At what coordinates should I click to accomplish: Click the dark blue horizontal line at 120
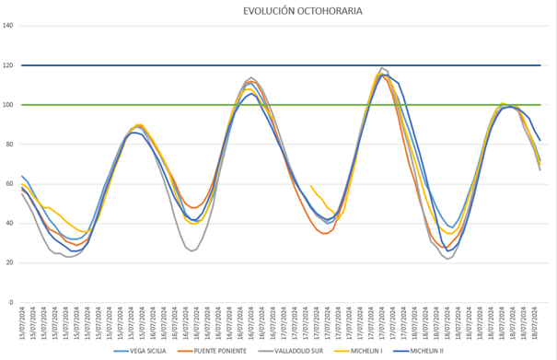click(x=276, y=65)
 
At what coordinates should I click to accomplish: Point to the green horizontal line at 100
click(x=276, y=105)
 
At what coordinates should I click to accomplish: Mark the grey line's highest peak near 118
click(x=383, y=68)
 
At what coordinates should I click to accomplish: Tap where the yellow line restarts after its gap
click(x=311, y=186)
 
